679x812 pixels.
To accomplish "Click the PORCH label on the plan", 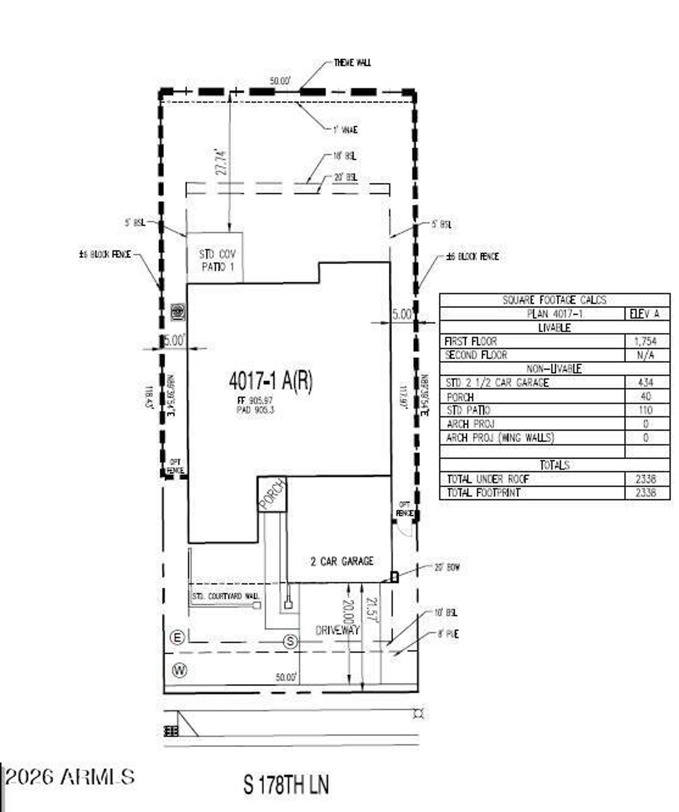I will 272,494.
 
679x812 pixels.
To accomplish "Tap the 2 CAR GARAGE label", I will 342,561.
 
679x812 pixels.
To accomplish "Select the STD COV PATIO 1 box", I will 215,260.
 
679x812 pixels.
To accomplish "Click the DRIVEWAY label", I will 337,630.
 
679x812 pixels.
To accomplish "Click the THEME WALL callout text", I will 352,63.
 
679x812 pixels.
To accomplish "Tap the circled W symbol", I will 180,670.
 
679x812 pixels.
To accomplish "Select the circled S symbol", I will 290,642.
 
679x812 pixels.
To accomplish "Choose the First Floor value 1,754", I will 645,341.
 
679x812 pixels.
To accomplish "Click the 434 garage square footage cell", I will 645,382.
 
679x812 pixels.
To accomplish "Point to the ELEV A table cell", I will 645,314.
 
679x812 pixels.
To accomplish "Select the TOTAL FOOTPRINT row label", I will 483,493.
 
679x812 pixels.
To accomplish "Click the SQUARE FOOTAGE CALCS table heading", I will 554,300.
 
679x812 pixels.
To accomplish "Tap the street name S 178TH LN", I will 286,785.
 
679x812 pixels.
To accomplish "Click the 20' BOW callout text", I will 447,567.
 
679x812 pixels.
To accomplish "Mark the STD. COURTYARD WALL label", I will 225,597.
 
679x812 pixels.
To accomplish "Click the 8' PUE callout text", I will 448,634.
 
